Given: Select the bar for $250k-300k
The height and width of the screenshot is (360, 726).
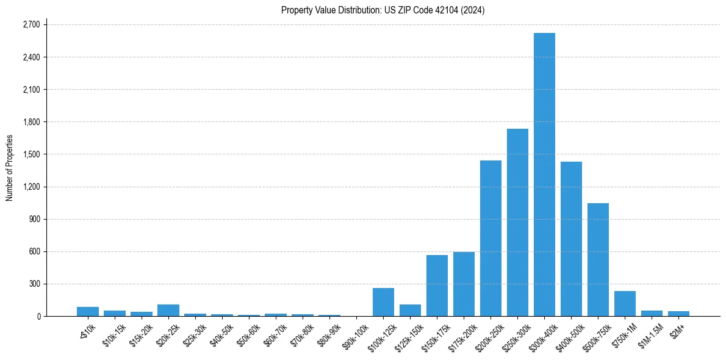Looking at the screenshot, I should (x=517, y=222).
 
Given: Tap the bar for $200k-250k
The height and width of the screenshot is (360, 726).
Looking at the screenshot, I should (x=491, y=238).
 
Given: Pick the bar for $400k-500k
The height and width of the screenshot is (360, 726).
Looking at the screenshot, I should (x=571, y=239).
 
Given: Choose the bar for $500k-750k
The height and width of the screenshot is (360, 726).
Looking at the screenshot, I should (x=598, y=259).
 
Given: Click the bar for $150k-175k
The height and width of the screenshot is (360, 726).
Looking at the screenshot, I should (x=437, y=286).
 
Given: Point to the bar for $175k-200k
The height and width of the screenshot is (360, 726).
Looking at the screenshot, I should (x=464, y=284).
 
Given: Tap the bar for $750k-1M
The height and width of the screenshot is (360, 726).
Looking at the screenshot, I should (x=625, y=303).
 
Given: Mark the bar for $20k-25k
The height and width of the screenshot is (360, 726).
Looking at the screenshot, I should (x=168, y=310).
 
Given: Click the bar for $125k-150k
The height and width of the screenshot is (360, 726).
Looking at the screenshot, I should (x=410, y=310).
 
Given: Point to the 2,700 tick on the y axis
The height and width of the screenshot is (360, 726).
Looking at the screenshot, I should (x=31, y=25).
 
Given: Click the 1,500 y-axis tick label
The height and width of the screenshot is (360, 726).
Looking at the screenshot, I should (x=31, y=154).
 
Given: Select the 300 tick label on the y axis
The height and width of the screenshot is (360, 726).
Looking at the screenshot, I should (x=34, y=284).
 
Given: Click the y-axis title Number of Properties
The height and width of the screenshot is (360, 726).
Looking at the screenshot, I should (x=10, y=168).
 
